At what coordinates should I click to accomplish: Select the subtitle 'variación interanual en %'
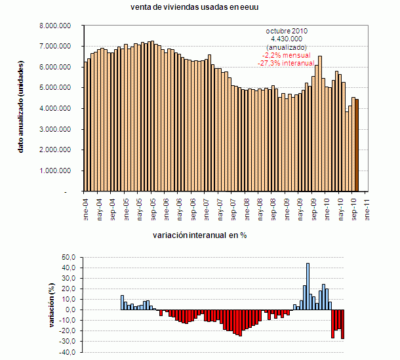tap(199, 234)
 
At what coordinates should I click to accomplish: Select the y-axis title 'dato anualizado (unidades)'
tap(21, 109)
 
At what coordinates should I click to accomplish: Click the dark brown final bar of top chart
tap(357, 145)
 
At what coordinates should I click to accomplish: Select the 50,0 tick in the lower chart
tap(69, 257)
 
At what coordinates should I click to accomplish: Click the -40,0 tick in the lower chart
tap(68, 352)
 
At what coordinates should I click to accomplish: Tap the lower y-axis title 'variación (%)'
tap(52, 304)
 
